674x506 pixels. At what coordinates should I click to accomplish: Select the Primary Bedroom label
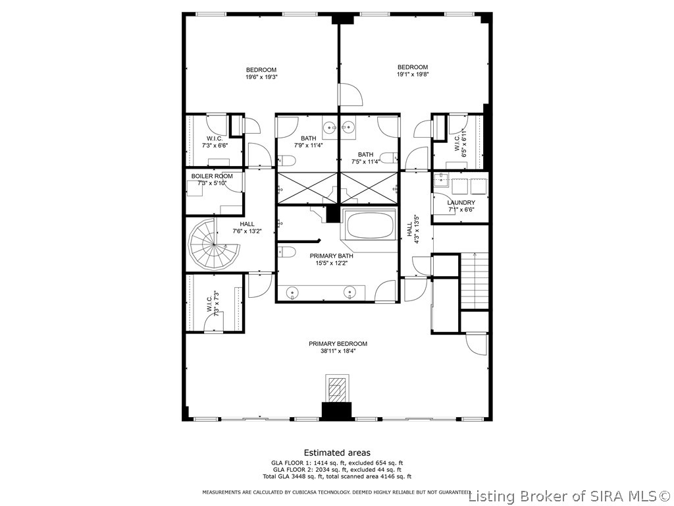tap(338, 344)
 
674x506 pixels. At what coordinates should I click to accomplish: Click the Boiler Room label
tap(212, 176)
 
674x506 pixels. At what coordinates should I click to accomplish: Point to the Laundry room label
tap(461, 203)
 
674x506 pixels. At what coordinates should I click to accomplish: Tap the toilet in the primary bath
tap(286, 251)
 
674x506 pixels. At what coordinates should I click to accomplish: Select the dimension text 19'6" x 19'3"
tap(261, 77)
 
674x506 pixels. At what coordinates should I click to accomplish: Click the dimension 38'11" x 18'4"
tap(338, 351)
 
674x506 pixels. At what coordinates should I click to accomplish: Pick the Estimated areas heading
tap(337, 453)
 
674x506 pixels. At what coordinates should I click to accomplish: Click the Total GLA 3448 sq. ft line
tap(337, 476)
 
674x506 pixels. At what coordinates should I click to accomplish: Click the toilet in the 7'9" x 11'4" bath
tap(286, 161)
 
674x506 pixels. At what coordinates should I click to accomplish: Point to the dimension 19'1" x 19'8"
tap(413, 74)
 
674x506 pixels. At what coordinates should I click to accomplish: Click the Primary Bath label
tap(332, 256)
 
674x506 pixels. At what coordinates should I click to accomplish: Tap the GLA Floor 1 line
tap(337, 463)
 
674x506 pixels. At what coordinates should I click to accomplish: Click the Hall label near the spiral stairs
tap(247, 224)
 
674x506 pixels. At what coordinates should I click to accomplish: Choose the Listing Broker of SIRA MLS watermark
tap(571, 497)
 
